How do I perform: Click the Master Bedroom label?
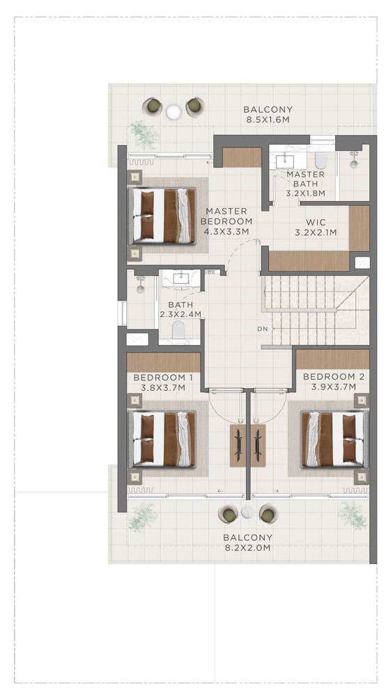tap(226, 216)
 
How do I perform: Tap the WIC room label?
tap(316, 223)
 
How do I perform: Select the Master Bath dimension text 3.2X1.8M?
tap(305, 193)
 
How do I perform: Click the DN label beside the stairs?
tap(263, 329)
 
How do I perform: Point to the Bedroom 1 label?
tap(163, 378)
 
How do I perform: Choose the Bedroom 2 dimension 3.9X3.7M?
tap(333, 387)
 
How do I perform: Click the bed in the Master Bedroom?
tap(162, 216)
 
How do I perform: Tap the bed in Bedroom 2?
tap(334, 439)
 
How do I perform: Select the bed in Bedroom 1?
tap(162, 439)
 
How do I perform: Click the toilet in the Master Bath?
tap(321, 161)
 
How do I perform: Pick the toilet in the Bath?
tap(179, 330)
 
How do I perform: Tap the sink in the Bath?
tap(181, 278)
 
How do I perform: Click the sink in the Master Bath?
tap(285, 161)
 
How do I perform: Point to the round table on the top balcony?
tap(173, 112)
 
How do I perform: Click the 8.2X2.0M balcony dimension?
tap(247, 547)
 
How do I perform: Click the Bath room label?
tap(180, 305)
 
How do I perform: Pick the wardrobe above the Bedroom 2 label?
tap(332, 360)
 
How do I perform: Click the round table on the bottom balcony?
tap(248, 512)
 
